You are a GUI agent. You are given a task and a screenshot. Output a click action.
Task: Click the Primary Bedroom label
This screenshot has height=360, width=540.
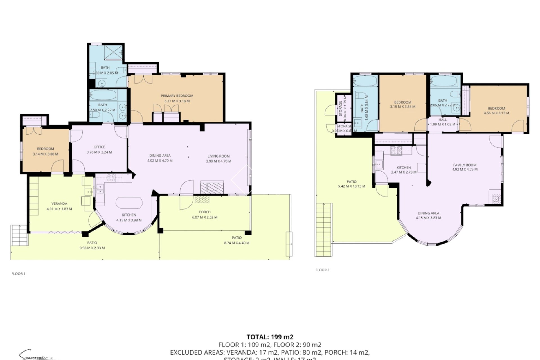[x=177, y=96]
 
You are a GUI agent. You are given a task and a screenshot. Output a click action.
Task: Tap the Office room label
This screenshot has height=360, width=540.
[x=99, y=147]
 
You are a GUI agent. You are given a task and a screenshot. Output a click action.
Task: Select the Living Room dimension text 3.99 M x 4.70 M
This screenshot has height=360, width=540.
[x=219, y=161]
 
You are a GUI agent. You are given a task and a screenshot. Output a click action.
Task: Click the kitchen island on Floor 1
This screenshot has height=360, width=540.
[x=129, y=203]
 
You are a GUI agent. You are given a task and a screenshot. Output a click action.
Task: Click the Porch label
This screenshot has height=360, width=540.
[x=204, y=212]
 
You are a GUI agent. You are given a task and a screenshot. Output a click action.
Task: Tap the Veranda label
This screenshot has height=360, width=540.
[x=59, y=204]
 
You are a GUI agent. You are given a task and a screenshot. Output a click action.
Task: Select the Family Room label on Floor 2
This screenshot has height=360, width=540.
[x=465, y=165]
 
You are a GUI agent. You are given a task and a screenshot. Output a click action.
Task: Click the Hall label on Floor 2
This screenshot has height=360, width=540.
[x=442, y=120]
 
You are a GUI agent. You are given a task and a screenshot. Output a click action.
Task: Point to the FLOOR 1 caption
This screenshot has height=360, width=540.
[x=18, y=273]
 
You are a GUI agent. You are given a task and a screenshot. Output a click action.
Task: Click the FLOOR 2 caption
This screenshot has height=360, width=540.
[x=322, y=270]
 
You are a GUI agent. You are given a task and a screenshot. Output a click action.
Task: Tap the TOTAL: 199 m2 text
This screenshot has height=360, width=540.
[x=270, y=337]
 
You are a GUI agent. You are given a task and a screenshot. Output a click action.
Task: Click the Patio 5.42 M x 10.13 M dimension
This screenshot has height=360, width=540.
[x=352, y=186]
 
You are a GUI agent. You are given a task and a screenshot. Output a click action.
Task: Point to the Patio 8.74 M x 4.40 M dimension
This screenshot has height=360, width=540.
[x=237, y=243]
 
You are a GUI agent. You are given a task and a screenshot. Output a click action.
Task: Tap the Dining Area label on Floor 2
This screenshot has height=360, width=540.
[x=428, y=213]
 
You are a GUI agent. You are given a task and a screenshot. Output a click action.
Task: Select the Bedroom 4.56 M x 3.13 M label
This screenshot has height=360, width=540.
[x=496, y=108]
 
